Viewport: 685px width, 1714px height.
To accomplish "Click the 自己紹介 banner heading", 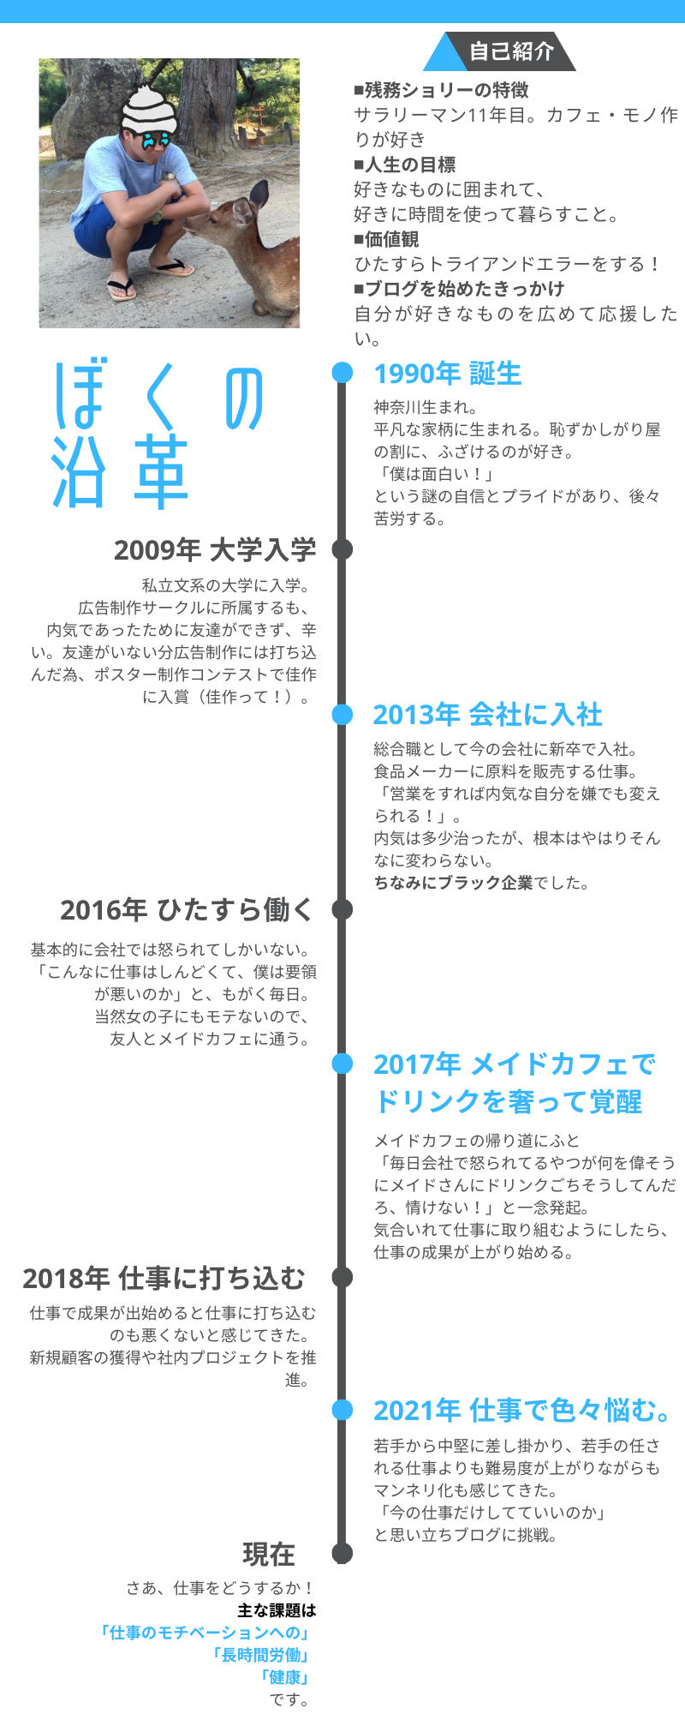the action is pos(511,51).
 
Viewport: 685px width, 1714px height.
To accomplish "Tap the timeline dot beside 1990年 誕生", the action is pos(342,372).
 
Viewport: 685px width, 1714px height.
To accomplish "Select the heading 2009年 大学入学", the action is pos(215,549).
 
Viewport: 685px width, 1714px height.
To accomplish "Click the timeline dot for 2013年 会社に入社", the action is pos(342,714).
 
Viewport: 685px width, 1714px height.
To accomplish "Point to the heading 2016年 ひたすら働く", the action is pos(188,909).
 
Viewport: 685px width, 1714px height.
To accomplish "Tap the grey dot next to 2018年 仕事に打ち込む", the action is pos(342,1277).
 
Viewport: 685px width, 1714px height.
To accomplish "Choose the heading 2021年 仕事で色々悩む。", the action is pos(522,1410).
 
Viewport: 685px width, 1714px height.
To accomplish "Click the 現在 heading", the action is pos(269,1554).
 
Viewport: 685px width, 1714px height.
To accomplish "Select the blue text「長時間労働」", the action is pos(260,1655).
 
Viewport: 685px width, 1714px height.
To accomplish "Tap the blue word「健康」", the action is pos(284,1677).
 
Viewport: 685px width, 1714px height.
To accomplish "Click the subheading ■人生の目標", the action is pos(405,165).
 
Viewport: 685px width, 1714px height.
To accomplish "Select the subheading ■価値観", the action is pos(387,239).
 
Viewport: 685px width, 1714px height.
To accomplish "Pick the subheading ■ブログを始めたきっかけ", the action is pos(460,289).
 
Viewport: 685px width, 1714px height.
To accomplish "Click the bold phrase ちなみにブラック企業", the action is pos(454,883).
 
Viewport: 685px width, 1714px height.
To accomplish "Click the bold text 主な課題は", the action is pos(277,1610).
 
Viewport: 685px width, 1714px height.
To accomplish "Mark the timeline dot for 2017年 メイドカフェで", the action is pos(342,1063).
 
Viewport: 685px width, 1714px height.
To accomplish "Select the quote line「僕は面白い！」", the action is pos(434,474).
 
